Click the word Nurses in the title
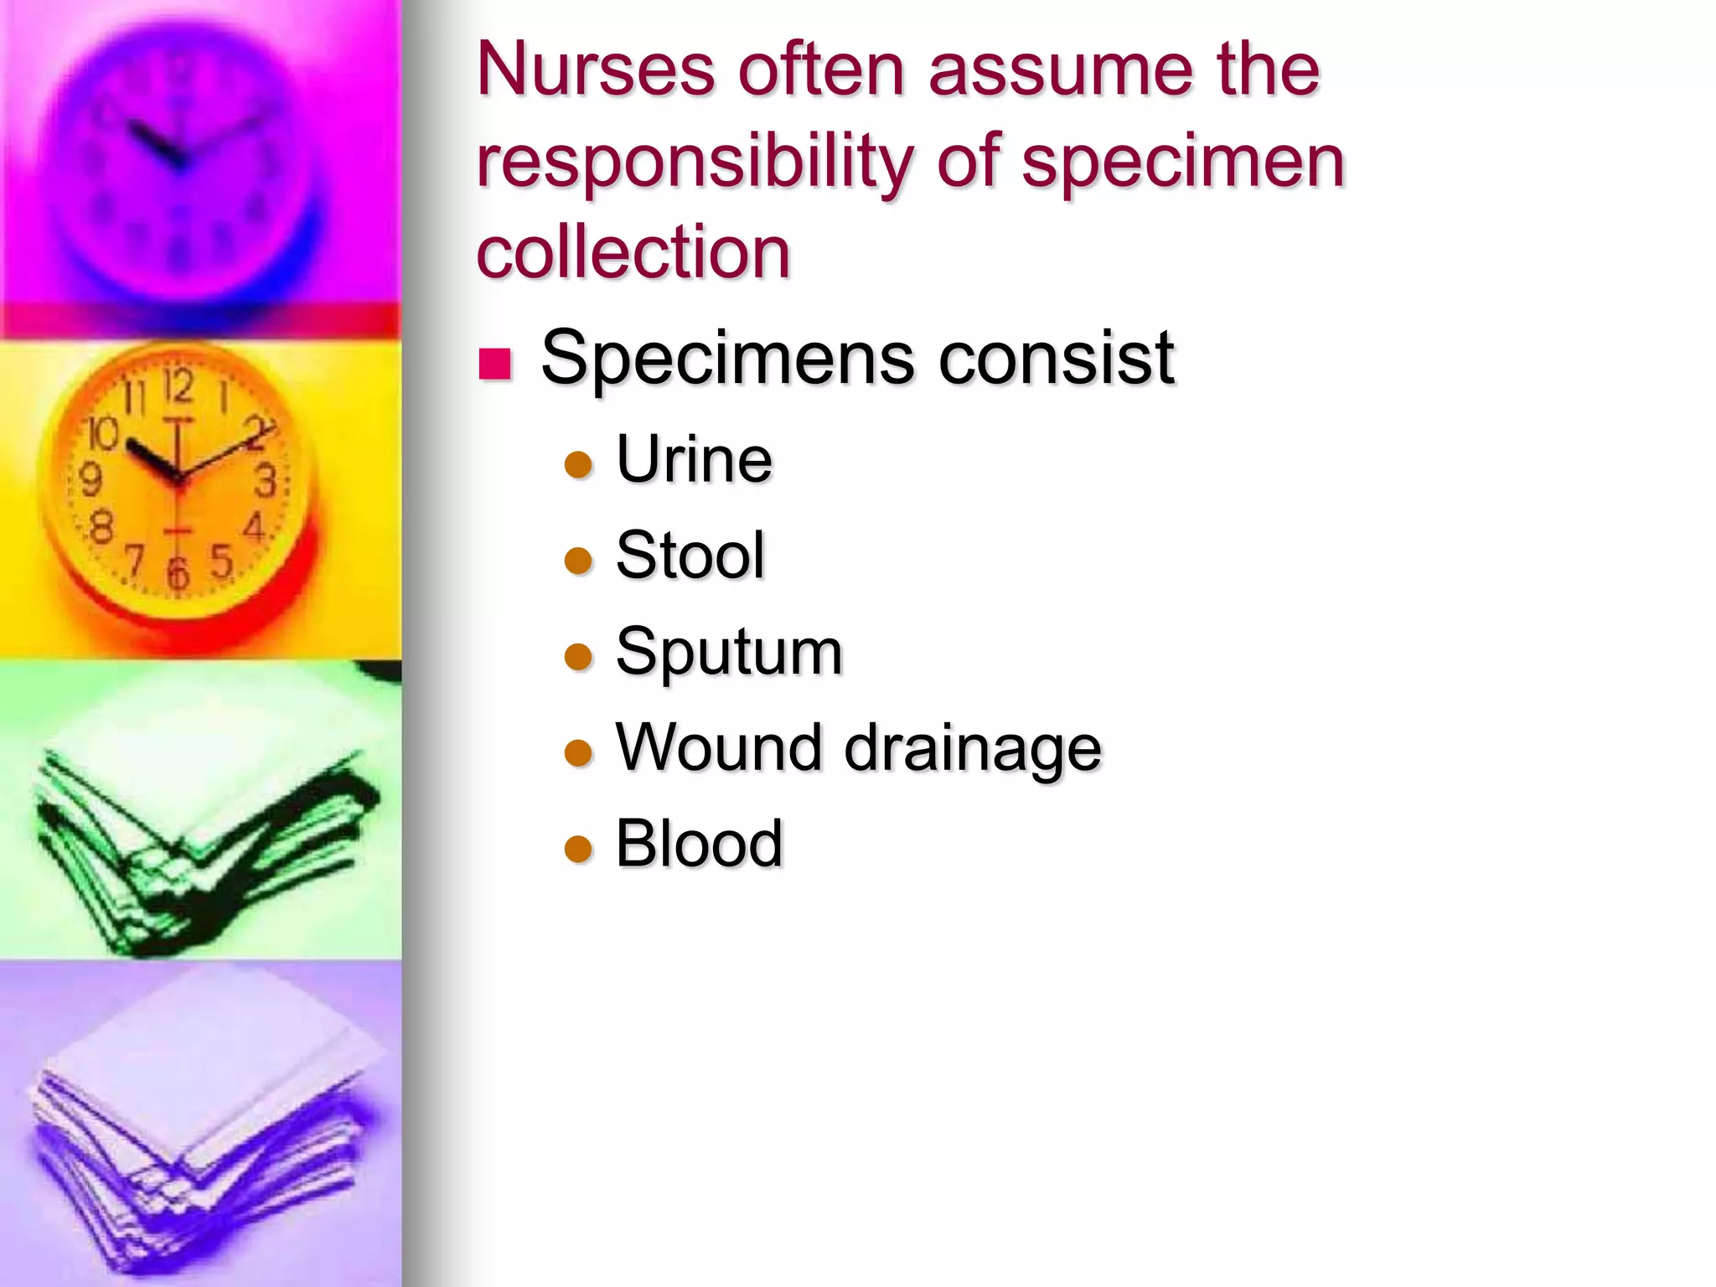coord(596,70)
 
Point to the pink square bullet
coord(494,364)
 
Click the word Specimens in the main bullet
coord(728,359)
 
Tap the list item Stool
coord(690,555)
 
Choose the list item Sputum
coord(729,652)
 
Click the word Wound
coord(718,747)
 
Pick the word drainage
coord(973,748)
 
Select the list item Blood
coord(699,843)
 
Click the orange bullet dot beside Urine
coord(578,464)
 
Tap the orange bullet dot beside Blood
coord(578,849)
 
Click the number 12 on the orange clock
coord(178,388)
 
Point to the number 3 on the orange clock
coord(266,481)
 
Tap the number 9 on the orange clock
coord(90,480)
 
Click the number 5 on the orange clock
coord(221,561)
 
